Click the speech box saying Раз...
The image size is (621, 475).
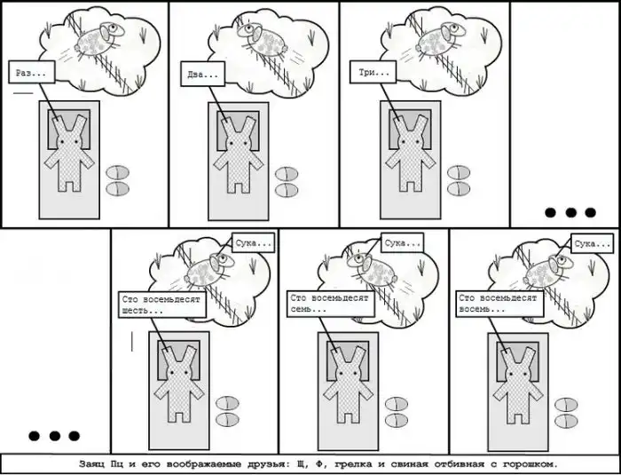click(32, 72)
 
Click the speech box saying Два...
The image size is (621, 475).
click(203, 74)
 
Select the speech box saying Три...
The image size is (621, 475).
click(373, 72)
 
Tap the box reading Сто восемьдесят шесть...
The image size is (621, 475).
click(162, 305)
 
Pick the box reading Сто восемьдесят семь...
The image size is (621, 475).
click(331, 304)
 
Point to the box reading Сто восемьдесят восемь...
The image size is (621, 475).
click(499, 304)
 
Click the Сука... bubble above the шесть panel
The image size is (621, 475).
click(253, 242)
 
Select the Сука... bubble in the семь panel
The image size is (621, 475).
click(403, 242)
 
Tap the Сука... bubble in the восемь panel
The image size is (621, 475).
click(592, 243)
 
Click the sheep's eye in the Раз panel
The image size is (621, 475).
click(114, 28)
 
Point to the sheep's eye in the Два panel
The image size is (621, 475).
click(248, 28)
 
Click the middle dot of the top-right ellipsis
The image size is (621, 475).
click(570, 212)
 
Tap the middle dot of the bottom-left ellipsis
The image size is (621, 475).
click(55, 436)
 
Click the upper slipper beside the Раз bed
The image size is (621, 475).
click(118, 173)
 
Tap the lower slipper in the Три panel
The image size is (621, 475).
click(459, 189)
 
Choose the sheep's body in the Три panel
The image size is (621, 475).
click(431, 43)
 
